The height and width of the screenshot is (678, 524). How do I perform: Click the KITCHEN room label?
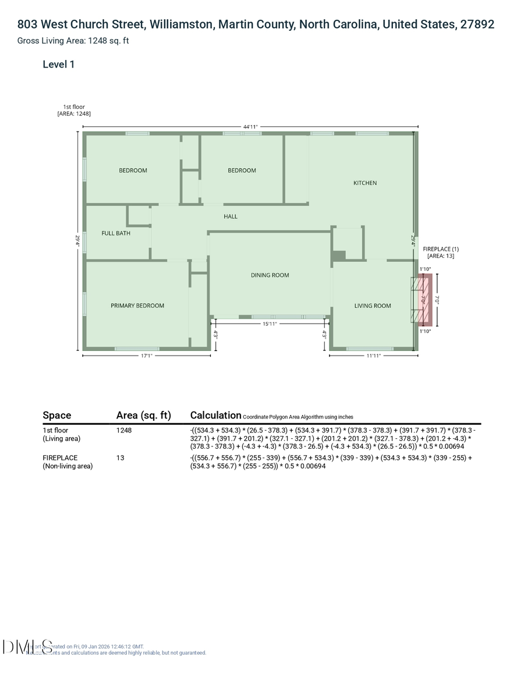point(365,183)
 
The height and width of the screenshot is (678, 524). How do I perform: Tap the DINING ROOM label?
point(270,275)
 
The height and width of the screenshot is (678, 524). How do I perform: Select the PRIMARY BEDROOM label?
point(137,306)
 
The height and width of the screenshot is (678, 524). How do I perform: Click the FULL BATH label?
point(116,233)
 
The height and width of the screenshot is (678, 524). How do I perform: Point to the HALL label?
point(231,216)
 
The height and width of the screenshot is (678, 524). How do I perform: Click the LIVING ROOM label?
point(373,306)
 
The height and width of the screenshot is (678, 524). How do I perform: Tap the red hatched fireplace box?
point(426,300)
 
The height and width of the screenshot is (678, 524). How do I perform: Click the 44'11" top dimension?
point(250,126)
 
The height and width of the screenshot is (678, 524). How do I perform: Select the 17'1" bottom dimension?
point(146,356)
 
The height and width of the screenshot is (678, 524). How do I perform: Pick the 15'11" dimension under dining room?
point(269,324)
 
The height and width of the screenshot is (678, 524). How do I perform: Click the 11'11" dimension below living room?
point(373,356)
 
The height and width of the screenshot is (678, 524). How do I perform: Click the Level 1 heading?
point(58,65)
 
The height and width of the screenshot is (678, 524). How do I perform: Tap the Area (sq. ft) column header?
point(143,415)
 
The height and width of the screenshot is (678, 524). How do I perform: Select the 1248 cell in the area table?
point(124,431)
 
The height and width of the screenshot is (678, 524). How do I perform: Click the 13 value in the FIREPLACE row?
point(120,458)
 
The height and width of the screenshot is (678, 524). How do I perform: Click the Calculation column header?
point(215,415)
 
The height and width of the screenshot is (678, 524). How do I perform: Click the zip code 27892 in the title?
point(477,24)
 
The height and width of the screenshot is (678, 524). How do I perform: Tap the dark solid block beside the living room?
point(339,255)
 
